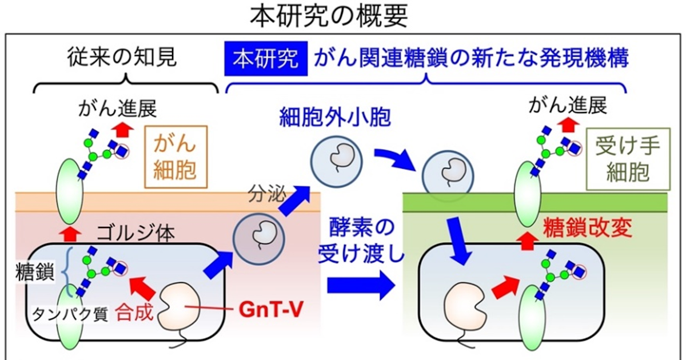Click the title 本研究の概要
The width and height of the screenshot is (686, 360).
329,15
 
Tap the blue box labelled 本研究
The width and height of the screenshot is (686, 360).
266,58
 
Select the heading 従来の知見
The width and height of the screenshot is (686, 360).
122,57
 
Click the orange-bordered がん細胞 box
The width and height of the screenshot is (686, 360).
176,157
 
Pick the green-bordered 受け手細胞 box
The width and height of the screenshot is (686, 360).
628,159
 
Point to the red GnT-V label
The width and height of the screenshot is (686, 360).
271,309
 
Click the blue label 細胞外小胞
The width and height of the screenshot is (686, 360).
335,117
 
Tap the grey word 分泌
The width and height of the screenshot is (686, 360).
267,194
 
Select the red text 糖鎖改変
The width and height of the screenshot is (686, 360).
588,228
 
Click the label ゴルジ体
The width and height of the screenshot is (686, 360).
135,234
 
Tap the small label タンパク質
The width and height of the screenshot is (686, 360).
70,314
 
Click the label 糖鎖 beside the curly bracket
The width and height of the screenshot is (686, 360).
35,272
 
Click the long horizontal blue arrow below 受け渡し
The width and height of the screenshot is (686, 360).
361,285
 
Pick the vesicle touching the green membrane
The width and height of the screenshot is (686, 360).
448,176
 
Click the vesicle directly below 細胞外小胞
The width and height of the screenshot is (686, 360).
337,162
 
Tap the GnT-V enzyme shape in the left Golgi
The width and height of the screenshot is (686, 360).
180,305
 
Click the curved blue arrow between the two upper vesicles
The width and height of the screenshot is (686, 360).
395,159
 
